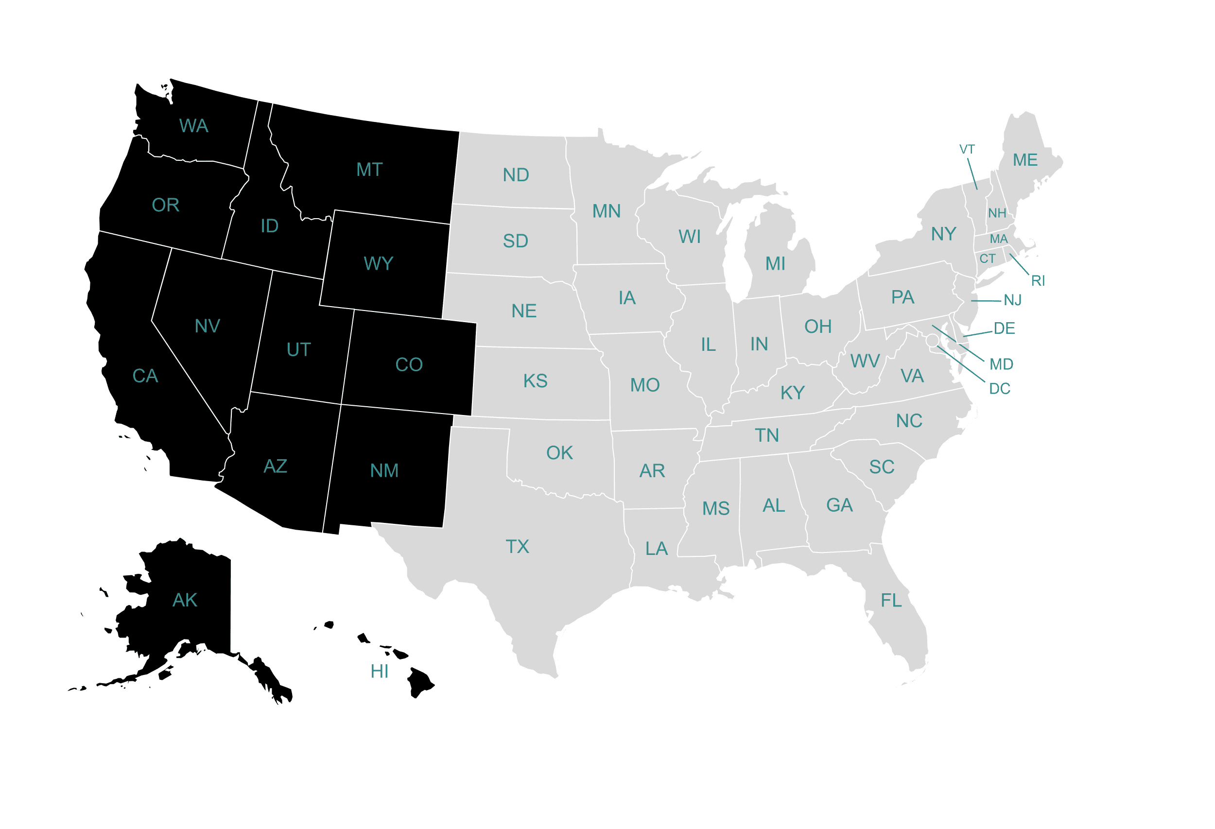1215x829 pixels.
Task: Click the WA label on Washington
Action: (x=193, y=126)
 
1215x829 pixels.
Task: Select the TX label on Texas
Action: (x=517, y=547)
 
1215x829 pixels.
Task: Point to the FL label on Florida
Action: (x=891, y=601)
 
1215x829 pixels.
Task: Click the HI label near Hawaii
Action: (x=379, y=672)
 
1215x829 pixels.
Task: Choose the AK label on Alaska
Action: (x=185, y=600)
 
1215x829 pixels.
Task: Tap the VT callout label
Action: (x=967, y=150)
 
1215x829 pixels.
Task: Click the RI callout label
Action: (x=1037, y=281)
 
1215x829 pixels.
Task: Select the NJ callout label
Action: (x=1013, y=300)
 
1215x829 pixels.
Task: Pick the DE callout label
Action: (x=1004, y=328)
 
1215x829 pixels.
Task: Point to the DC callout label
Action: (x=1000, y=389)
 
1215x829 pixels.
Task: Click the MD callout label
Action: (x=1001, y=364)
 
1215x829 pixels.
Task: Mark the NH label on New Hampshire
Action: (x=997, y=213)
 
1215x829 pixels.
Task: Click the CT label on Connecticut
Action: (x=987, y=259)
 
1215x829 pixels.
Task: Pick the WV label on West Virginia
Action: (x=865, y=361)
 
